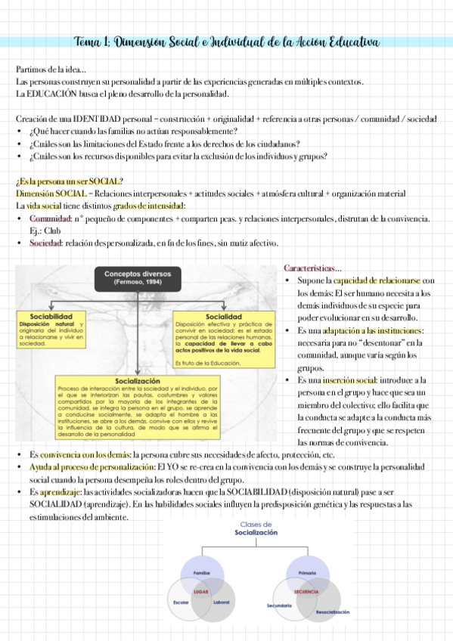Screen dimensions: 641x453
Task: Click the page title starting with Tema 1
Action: point(226,41)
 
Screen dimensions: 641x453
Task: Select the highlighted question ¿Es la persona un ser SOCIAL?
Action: point(69,181)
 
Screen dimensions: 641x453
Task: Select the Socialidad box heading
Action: point(224,316)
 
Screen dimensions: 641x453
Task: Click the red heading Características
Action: point(312,268)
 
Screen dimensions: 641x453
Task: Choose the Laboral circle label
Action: point(222,602)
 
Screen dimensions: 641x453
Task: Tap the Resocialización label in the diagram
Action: point(333,612)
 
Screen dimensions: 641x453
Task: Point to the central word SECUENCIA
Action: point(307,591)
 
